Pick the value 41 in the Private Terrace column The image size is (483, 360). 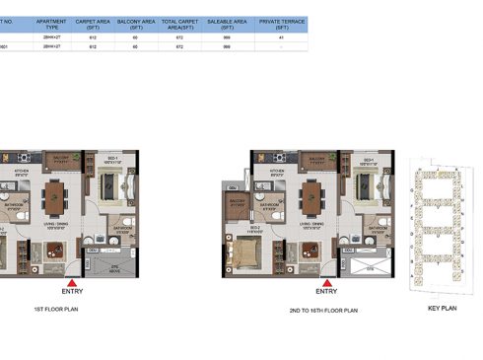point(280,36)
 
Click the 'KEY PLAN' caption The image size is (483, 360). point(440,310)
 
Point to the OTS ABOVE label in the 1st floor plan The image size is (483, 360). point(111,267)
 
